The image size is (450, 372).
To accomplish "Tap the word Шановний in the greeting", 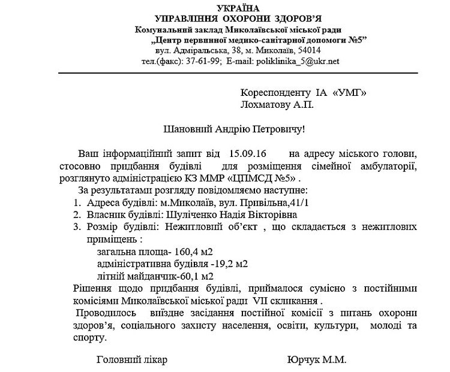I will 186,129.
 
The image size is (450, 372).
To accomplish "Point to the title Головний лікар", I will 131,361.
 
